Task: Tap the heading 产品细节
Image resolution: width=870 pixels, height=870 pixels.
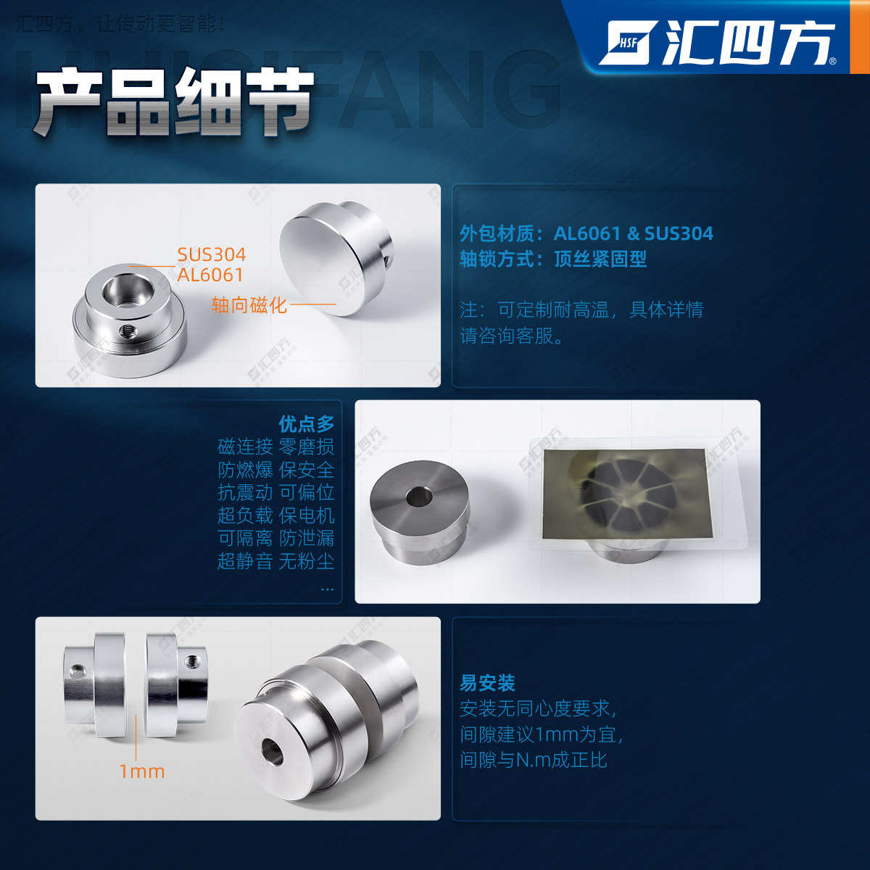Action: (174, 101)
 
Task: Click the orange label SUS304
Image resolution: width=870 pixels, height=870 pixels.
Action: (211, 254)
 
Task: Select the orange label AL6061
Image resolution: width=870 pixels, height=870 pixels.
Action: (210, 275)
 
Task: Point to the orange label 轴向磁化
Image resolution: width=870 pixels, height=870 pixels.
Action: (249, 305)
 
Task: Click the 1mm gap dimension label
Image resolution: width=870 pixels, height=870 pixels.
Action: (142, 771)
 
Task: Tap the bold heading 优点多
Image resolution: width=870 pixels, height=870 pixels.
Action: (307, 424)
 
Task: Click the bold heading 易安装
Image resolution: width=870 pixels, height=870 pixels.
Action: (487, 683)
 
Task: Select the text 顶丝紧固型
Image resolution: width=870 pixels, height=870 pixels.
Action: (600, 259)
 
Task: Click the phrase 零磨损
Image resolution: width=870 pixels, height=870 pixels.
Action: (307, 447)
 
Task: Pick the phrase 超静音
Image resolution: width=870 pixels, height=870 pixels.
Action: (245, 561)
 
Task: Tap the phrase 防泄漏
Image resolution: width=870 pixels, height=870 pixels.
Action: (307, 538)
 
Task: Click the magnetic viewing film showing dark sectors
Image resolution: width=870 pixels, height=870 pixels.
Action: (623, 493)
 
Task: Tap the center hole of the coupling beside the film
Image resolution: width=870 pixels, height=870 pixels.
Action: (418, 497)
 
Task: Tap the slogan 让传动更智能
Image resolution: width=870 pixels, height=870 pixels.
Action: (160, 24)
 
